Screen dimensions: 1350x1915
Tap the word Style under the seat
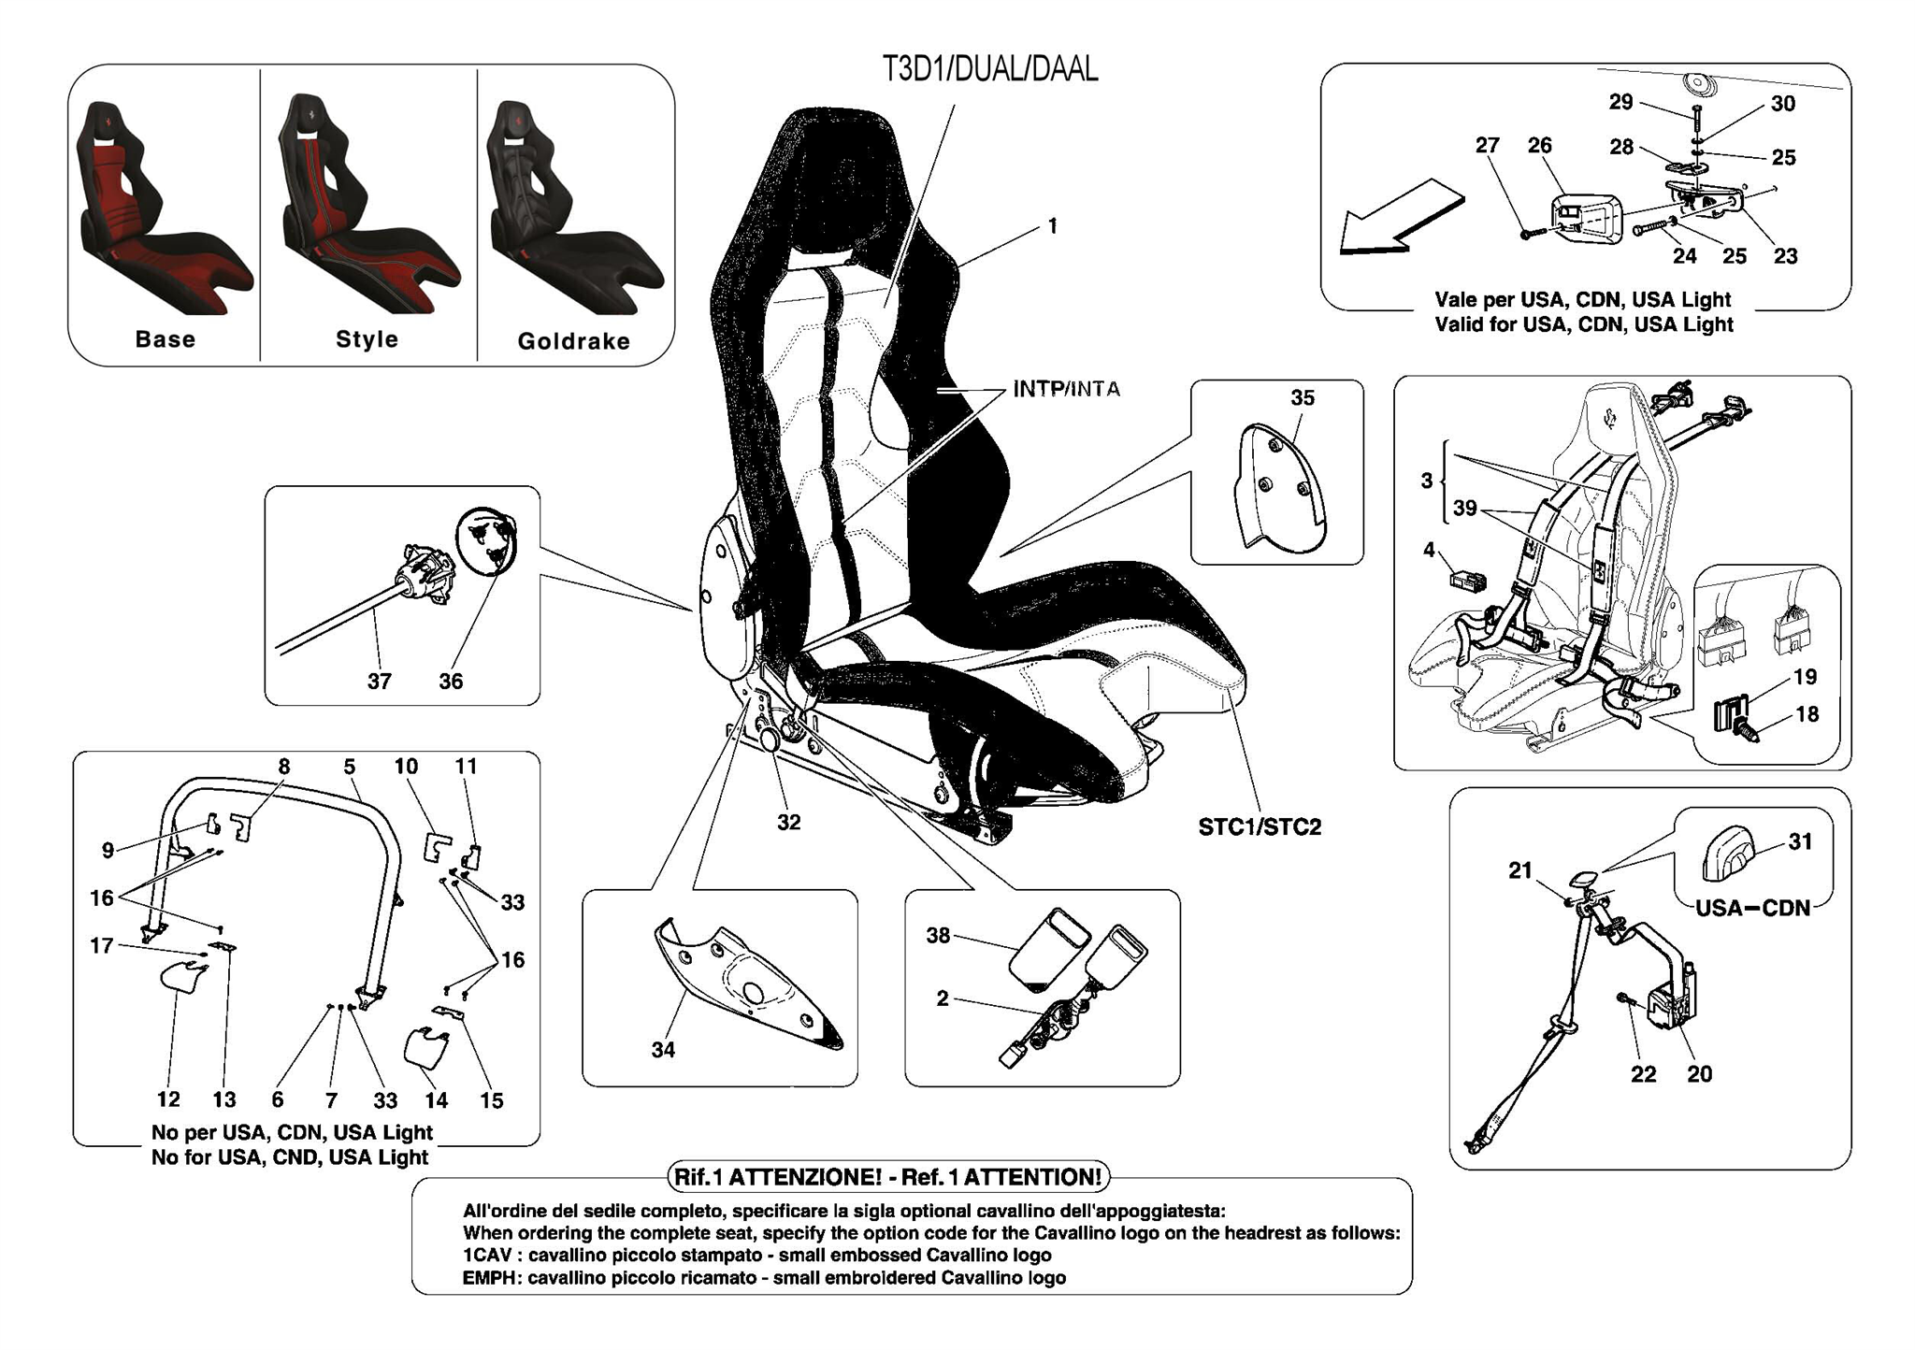pos(367,339)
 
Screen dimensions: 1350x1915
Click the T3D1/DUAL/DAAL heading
pos(989,69)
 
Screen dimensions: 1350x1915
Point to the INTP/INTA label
pos(1066,389)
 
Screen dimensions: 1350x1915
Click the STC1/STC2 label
pos(1260,827)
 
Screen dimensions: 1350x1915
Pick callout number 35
pos(1302,398)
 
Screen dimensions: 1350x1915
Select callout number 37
pos(379,682)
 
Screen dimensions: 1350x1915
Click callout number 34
pos(663,1050)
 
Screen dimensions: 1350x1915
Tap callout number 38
pos(938,935)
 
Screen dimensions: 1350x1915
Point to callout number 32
pos(788,822)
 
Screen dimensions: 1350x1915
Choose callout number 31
pos(1800,841)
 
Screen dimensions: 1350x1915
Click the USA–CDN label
pos(1752,908)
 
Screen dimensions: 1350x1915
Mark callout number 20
pos(1699,1074)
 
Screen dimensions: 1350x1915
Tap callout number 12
pos(168,1099)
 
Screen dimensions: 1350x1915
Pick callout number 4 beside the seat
pos(1428,550)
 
